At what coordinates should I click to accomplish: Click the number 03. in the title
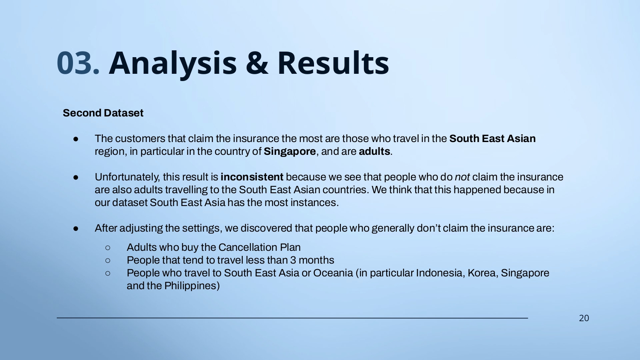coord(78,63)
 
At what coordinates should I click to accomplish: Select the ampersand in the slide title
coord(257,63)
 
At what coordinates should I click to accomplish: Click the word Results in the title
coord(333,62)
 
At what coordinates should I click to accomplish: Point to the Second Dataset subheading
coord(103,113)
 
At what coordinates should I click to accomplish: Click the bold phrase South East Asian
coord(492,139)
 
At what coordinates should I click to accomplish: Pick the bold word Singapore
coord(290,151)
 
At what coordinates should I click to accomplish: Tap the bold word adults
coord(374,151)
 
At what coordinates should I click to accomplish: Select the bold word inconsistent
coord(252,177)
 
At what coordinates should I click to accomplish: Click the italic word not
coord(462,177)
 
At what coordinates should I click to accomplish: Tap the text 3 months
coord(312,260)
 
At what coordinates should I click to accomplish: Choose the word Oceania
coord(333,273)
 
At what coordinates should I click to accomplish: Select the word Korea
coord(483,273)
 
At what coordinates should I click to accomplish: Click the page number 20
coord(584,318)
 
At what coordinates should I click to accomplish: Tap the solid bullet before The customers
coord(76,139)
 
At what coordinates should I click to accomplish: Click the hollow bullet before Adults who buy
coord(108,247)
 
